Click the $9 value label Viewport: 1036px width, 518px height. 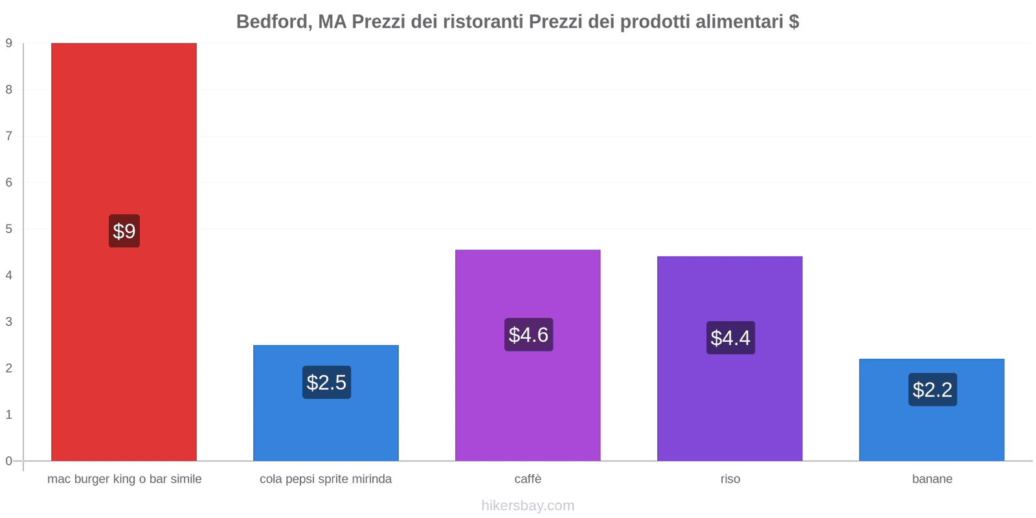(x=124, y=231)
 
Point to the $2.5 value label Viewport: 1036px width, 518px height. (x=326, y=383)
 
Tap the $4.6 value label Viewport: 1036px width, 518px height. (x=528, y=335)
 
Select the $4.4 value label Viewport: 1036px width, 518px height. (x=730, y=338)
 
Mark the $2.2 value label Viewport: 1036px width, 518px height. (x=932, y=390)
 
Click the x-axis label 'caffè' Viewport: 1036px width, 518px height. (x=528, y=479)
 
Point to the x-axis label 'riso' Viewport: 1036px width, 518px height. (x=730, y=479)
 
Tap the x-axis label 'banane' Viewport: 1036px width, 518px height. (x=932, y=479)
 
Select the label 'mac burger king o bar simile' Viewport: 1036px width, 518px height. (x=124, y=479)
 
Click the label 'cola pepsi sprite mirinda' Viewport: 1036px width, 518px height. (x=326, y=479)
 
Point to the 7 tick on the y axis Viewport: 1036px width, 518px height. (x=9, y=136)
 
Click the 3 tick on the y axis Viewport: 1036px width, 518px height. (x=9, y=322)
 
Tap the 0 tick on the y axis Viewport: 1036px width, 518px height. (x=9, y=461)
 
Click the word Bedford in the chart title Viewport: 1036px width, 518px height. (x=272, y=22)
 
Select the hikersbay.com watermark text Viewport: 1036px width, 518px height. (x=528, y=506)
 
